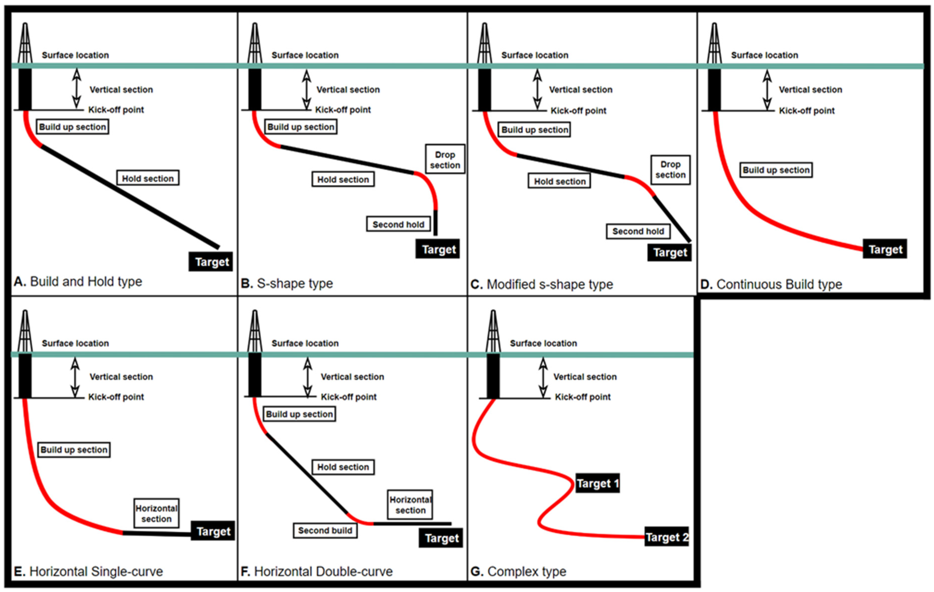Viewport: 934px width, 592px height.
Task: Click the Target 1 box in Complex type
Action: [x=597, y=483]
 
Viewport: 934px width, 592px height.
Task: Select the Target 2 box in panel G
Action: [x=666, y=537]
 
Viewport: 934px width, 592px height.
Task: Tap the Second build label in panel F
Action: [x=325, y=530]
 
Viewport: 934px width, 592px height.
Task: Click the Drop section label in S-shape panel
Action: [x=445, y=160]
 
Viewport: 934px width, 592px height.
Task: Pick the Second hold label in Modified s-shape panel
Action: [x=638, y=231]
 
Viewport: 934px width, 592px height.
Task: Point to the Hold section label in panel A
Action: [x=148, y=178]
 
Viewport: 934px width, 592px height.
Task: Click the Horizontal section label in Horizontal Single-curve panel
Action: [x=156, y=513]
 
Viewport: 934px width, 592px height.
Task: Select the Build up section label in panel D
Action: [x=776, y=170]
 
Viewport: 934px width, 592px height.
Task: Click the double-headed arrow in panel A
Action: [x=77, y=88]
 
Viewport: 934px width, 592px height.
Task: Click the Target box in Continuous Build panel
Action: [x=885, y=249]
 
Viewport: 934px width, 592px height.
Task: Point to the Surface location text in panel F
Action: [x=305, y=343]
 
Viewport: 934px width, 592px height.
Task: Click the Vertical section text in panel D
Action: [x=810, y=90]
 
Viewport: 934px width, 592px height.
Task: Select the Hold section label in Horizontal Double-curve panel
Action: [x=343, y=467]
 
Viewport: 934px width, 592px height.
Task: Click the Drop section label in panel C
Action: [x=670, y=170]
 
